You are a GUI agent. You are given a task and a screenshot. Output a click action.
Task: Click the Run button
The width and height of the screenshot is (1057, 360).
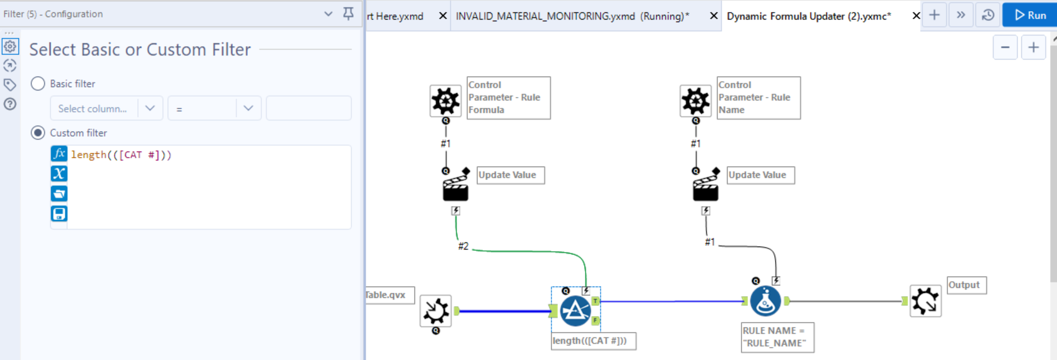[1030, 16]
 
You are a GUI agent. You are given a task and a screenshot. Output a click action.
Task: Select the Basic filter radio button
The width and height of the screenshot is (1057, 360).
[38, 84]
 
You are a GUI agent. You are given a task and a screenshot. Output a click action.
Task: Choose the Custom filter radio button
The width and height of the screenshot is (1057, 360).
[38, 133]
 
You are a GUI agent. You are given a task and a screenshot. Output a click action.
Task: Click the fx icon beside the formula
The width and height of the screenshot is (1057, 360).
[59, 154]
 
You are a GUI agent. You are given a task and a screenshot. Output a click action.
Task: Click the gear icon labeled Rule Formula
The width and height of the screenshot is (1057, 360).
[445, 101]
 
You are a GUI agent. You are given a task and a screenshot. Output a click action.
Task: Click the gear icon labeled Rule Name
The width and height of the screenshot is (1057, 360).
[695, 101]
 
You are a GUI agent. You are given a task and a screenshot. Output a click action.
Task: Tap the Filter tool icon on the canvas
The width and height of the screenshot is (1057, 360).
[575, 311]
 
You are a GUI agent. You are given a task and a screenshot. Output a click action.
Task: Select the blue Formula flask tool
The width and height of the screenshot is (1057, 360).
[765, 301]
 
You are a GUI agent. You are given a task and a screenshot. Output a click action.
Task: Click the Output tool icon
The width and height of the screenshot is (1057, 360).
[925, 301]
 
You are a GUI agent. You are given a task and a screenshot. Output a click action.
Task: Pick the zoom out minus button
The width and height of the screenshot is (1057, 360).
[1005, 48]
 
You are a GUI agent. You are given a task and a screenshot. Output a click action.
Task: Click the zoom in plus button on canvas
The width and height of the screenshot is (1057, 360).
[1034, 48]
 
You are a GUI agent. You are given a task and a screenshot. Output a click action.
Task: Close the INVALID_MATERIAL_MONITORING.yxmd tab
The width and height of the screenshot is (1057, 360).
[714, 16]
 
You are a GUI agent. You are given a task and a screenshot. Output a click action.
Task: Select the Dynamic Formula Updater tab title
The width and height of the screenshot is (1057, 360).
[809, 16]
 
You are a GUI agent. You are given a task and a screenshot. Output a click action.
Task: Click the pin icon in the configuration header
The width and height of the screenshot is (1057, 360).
[348, 13]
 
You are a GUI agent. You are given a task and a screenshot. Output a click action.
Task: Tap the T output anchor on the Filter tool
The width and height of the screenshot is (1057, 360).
[595, 301]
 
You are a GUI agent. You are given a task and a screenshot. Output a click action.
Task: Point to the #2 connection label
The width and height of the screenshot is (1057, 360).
[463, 246]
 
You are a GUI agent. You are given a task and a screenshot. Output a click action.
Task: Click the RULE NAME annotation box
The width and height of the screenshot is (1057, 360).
[777, 337]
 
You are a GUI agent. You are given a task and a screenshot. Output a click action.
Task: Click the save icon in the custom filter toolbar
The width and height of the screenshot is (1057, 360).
[59, 213]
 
